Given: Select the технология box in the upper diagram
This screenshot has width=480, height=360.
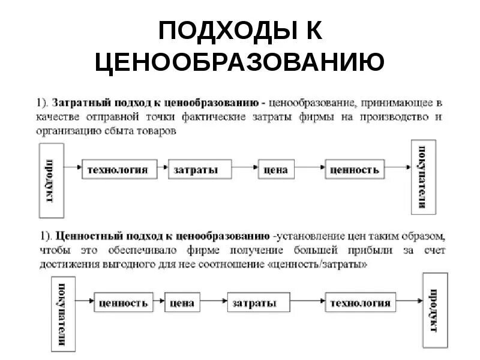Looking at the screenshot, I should point(118,170).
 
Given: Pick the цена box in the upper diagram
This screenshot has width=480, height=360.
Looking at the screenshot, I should point(275,170).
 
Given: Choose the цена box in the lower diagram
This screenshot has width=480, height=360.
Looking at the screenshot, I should point(181,303).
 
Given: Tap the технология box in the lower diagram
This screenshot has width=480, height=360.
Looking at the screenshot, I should point(360,303).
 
